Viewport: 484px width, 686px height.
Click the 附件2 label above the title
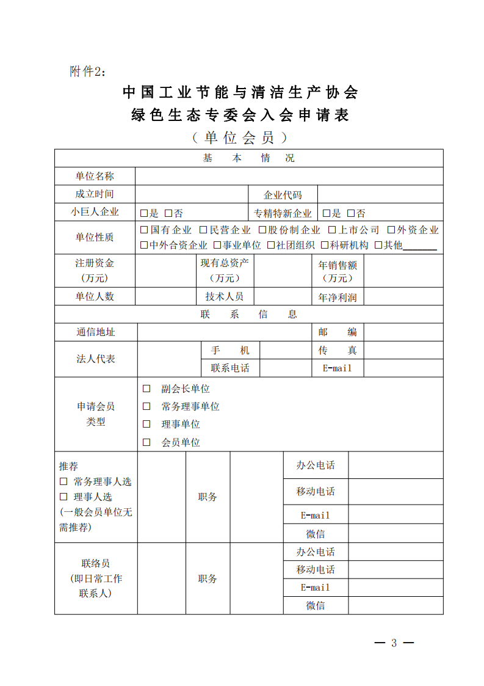(x=88, y=72)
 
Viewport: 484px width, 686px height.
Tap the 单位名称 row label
(x=95, y=176)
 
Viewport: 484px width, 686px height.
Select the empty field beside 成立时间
(x=191, y=194)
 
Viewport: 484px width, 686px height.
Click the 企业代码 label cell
(x=283, y=195)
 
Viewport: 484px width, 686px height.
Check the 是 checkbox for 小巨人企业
(x=144, y=213)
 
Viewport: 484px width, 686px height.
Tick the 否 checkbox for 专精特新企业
(x=351, y=213)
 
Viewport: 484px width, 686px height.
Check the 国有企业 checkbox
(x=144, y=230)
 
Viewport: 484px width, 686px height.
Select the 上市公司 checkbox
(x=333, y=230)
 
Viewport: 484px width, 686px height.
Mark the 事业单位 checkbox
(x=217, y=246)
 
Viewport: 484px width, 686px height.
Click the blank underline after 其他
(x=420, y=247)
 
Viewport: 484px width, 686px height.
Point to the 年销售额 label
(x=338, y=271)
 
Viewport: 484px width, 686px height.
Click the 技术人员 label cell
(x=224, y=296)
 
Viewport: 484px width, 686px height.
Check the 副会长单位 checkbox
(x=146, y=389)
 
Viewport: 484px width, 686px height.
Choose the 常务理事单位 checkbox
(x=146, y=406)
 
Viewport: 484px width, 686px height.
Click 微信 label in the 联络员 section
(x=316, y=605)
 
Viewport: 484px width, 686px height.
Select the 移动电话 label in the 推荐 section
(x=316, y=491)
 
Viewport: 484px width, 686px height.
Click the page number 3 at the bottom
(x=394, y=643)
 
